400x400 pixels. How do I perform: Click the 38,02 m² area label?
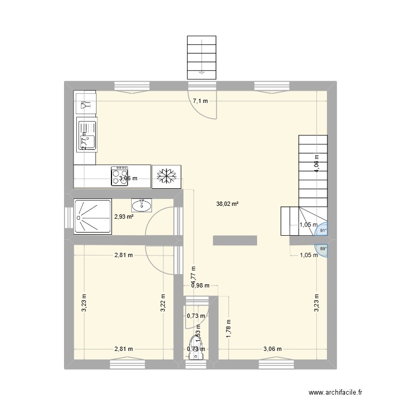[x=227, y=203]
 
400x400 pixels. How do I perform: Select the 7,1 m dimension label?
[x=201, y=101]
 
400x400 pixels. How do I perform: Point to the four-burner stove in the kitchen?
[x=119, y=175]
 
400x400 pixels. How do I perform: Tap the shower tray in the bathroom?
[x=93, y=217]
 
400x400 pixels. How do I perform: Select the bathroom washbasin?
[x=142, y=204]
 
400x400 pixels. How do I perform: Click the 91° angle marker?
[x=322, y=230]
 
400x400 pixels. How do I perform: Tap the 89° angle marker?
[x=322, y=248]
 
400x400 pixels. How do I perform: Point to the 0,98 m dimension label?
[x=201, y=286]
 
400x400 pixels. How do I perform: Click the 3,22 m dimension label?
[x=164, y=303]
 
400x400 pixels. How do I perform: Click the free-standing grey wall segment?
[x=235, y=241]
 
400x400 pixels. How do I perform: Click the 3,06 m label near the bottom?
[x=273, y=349]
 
